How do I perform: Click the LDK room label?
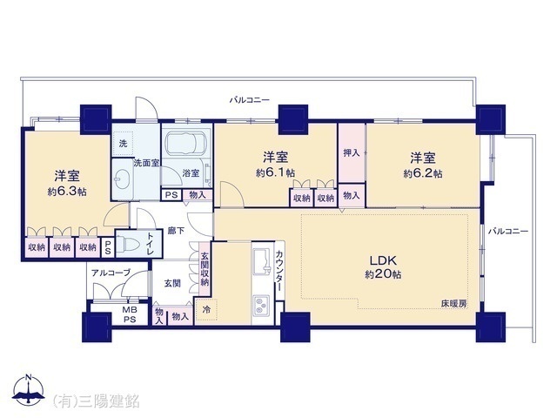click(x=383, y=259)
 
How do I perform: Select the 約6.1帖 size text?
click(x=275, y=173)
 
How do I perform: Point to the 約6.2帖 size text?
click(x=423, y=173)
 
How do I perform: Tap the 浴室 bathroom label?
click(x=192, y=173)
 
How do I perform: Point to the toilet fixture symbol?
click(x=129, y=243)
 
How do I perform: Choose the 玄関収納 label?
click(x=205, y=272)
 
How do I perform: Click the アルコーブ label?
click(x=111, y=273)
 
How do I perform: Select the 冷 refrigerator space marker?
click(x=207, y=309)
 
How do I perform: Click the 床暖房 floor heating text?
click(x=452, y=304)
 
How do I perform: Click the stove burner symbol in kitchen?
click(x=260, y=305)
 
